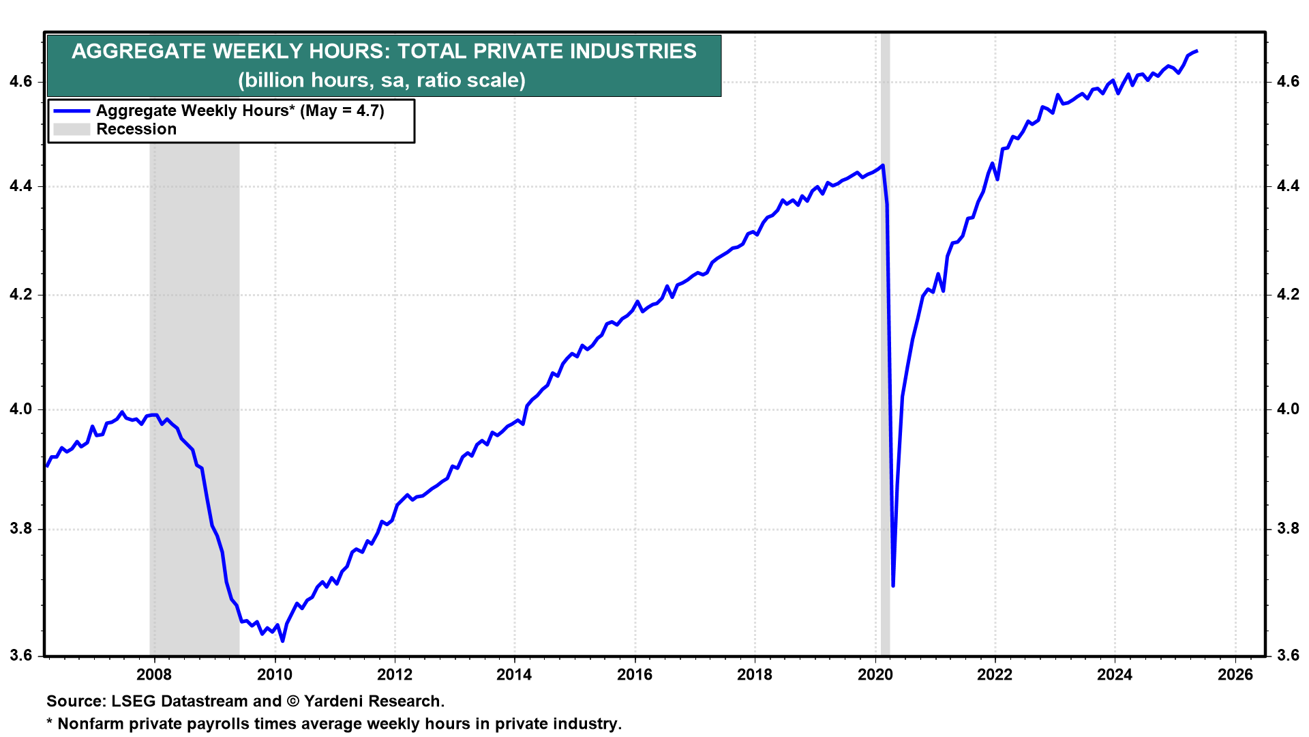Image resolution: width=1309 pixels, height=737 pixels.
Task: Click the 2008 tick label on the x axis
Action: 154,675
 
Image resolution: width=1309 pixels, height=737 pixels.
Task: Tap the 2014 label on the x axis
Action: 514,675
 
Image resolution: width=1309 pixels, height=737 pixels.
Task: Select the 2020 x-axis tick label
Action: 875,675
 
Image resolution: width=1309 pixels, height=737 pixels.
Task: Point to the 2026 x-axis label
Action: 1235,675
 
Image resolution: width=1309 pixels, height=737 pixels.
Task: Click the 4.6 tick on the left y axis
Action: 20,82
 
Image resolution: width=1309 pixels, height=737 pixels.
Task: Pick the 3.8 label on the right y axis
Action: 1287,529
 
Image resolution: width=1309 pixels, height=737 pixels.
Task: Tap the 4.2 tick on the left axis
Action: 20,295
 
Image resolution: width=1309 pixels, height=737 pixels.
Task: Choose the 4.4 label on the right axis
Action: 1287,186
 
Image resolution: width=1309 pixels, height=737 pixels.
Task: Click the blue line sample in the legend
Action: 72,111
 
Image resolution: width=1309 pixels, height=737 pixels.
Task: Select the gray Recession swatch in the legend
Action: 72,129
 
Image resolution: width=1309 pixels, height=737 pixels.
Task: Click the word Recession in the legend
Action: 136,129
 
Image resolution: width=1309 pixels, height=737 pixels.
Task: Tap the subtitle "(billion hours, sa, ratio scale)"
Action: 382,81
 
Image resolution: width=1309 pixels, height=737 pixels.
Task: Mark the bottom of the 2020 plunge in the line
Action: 893,586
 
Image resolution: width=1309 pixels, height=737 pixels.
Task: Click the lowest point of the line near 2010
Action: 282,641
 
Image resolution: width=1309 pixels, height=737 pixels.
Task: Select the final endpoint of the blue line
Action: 1197,51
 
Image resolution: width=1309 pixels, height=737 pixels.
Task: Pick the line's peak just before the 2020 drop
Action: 883,165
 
